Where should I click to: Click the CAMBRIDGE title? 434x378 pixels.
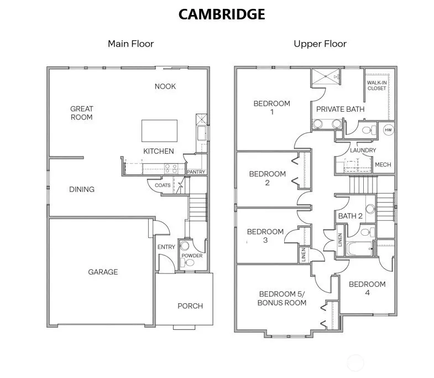(x=222, y=14)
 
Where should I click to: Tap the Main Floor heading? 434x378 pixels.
(x=130, y=43)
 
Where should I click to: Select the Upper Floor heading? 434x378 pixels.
(x=320, y=43)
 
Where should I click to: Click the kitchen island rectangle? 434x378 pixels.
(x=159, y=131)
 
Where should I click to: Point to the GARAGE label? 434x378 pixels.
(x=103, y=272)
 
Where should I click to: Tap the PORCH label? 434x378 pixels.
(x=190, y=305)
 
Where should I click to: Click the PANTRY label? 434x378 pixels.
(x=196, y=172)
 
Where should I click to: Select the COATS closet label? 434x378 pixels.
(x=163, y=185)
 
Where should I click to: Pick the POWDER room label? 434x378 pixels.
(x=192, y=256)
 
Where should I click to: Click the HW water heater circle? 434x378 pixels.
(x=388, y=130)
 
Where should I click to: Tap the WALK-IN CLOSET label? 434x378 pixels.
(x=377, y=86)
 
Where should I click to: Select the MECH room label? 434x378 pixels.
(x=383, y=165)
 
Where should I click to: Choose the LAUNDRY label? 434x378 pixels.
(x=363, y=150)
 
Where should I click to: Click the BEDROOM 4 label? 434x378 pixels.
(x=367, y=288)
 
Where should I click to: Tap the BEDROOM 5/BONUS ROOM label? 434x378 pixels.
(x=283, y=298)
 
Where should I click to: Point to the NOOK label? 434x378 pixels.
(x=165, y=86)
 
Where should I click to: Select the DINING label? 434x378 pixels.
(x=82, y=189)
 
